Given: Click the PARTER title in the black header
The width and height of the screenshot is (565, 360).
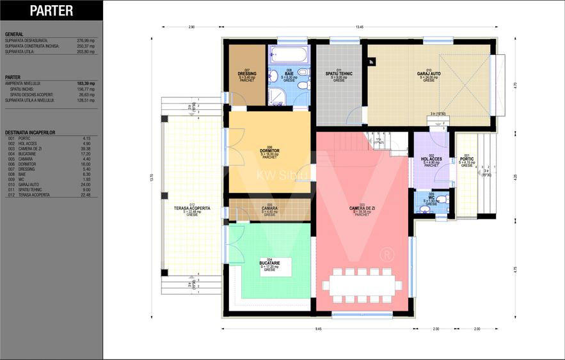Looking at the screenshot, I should point(52,11).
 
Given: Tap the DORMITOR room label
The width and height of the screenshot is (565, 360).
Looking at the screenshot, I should point(269,151).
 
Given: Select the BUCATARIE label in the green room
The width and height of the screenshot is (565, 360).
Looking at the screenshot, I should point(269,263).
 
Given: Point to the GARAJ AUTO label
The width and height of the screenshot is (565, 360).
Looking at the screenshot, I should point(429,74).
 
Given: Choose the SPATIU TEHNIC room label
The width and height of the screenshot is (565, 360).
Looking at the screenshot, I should point(338,74).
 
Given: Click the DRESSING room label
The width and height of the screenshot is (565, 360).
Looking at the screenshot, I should point(246,74).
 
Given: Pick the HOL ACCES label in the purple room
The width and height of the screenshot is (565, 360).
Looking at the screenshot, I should point(432,159).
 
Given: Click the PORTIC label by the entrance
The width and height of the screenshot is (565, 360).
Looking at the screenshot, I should point(467,159).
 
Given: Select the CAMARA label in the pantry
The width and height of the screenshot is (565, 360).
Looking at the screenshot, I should point(269,208).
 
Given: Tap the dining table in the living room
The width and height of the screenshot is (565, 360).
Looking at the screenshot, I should point(362,285).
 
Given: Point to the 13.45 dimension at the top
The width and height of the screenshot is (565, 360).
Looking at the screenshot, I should point(360,27).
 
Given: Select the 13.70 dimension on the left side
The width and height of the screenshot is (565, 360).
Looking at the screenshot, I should point(152,178).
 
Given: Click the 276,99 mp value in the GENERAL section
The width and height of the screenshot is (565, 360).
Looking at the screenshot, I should point(86,40).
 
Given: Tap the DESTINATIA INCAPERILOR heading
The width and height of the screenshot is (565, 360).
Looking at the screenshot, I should point(30,132).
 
